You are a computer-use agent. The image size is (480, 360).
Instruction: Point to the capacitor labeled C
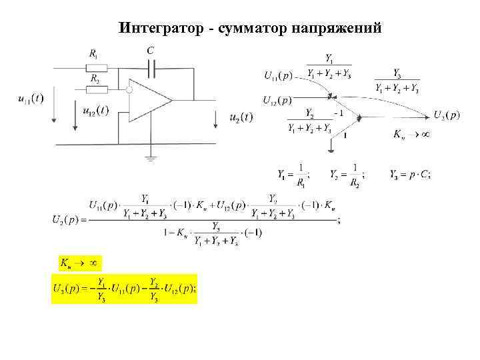coord(153,67)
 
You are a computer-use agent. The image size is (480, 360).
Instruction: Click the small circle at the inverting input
coord(130,88)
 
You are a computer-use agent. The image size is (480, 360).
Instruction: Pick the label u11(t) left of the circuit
coord(30,99)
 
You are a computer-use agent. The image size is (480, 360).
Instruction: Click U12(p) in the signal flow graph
coord(277,101)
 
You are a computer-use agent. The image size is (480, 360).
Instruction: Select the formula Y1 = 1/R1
coord(294,175)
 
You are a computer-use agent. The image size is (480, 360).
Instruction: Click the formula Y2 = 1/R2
coord(346,175)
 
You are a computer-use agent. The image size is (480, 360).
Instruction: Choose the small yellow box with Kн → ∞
coord(77,263)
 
